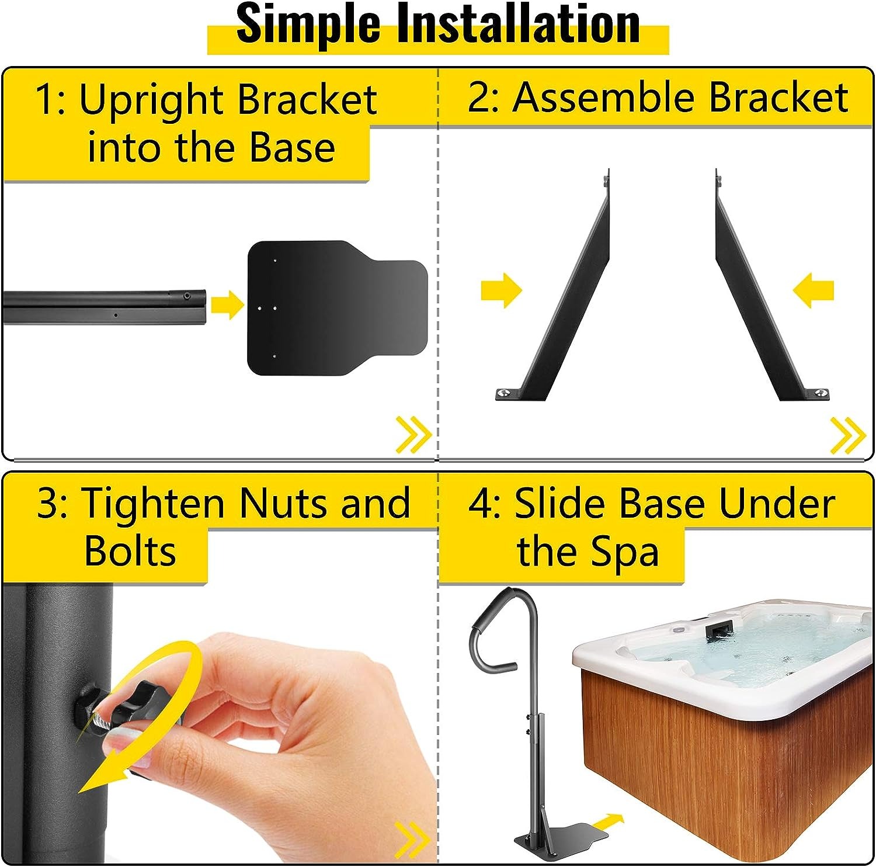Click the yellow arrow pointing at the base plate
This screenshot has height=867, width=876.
click(227, 304)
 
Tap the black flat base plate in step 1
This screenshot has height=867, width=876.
click(338, 308)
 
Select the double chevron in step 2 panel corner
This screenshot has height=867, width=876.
click(848, 435)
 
